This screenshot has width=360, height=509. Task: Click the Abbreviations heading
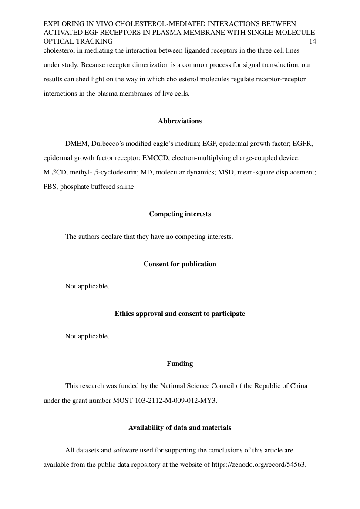click(180, 121)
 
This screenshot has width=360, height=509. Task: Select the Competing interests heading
click(180, 214)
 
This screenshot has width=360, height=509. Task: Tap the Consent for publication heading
click(180, 264)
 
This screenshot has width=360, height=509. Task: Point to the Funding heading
click(180, 363)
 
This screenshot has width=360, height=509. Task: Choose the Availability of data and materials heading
click(180, 428)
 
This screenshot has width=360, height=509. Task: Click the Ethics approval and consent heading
click(180, 314)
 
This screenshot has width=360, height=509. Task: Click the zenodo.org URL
click(259, 464)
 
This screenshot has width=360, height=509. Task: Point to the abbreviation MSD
click(226, 172)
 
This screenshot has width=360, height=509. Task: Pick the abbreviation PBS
click(50, 187)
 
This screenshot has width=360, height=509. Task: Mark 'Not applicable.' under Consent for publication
click(87, 286)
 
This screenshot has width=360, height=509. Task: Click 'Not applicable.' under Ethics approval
click(87, 336)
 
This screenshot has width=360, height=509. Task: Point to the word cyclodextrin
click(115, 172)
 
